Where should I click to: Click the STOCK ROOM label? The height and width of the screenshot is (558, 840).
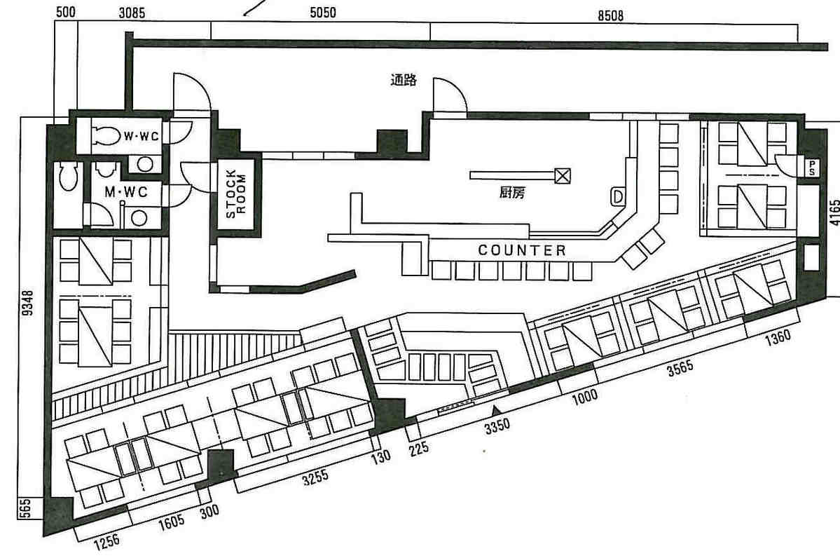(x=235, y=194)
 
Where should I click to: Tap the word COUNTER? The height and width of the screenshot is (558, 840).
(x=522, y=250)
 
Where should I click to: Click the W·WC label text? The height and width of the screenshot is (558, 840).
(x=142, y=136)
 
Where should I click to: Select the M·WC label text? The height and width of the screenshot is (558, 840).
(x=126, y=191)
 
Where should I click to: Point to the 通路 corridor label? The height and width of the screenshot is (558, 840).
(x=404, y=81)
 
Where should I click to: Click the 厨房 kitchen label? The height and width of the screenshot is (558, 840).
(x=511, y=193)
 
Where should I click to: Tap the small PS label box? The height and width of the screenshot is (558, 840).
(x=812, y=168)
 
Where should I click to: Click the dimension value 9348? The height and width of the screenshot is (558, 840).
(x=28, y=303)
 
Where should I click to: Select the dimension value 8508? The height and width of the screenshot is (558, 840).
(x=610, y=15)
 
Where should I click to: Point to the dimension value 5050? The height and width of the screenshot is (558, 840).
(x=323, y=13)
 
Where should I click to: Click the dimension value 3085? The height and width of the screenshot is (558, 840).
(x=132, y=13)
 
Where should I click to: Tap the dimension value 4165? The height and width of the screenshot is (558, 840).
(x=834, y=213)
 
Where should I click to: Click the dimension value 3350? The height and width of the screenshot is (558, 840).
(x=497, y=427)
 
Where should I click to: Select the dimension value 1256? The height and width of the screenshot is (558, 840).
(x=106, y=543)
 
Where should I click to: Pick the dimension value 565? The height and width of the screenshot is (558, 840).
(x=25, y=508)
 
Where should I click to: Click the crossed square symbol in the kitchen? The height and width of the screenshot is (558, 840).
(x=562, y=175)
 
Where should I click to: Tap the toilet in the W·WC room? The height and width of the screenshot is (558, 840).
(x=106, y=135)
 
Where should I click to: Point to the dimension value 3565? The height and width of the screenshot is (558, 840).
(x=680, y=368)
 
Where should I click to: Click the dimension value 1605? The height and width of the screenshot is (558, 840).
(x=172, y=522)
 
